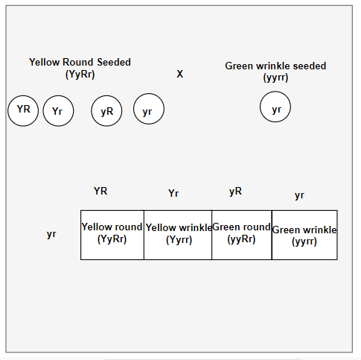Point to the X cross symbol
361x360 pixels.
tap(180, 74)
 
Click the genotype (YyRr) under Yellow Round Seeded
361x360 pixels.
tap(80, 75)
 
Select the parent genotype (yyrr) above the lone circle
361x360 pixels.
tap(275, 78)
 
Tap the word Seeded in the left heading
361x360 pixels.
tap(114, 62)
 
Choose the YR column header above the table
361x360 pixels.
tap(100, 191)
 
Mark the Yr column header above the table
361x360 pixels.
tap(173, 193)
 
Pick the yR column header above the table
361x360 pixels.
tap(235, 192)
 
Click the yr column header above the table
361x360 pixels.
tap(299, 195)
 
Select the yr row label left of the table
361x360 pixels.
tap(51, 234)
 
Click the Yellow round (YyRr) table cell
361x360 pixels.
tap(112, 235)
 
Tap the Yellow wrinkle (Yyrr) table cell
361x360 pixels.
tap(178, 235)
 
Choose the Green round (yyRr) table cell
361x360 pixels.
tap(242, 235)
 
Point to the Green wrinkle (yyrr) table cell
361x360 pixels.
tap(304, 235)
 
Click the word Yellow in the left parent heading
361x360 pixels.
tap(45, 62)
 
